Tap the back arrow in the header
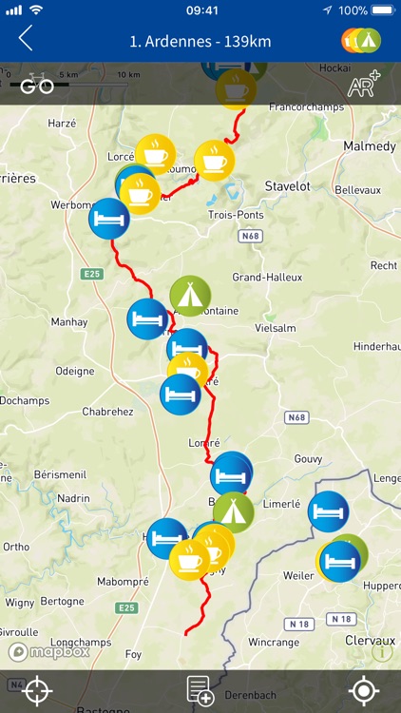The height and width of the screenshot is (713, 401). (x=26, y=39)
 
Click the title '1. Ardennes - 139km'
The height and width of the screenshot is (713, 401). (x=200, y=40)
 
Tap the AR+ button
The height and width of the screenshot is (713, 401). (x=364, y=86)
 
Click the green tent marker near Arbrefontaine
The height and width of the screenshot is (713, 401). (x=190, y=296)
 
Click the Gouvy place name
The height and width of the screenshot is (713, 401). (x=308, y=458)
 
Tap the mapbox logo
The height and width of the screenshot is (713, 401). (x=49, y=651)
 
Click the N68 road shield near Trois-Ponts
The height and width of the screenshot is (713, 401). (x=251, y=235)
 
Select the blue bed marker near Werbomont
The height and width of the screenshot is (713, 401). (x=109, y=219)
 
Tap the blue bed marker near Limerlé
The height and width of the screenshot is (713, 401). (x=329, y=511)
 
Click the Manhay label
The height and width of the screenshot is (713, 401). (x=68, y=322)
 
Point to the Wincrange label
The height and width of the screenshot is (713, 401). (x=274, y=643)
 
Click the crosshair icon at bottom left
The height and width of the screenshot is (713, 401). (x=38, y=691)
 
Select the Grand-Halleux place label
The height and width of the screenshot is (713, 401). (x=267, y=278)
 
